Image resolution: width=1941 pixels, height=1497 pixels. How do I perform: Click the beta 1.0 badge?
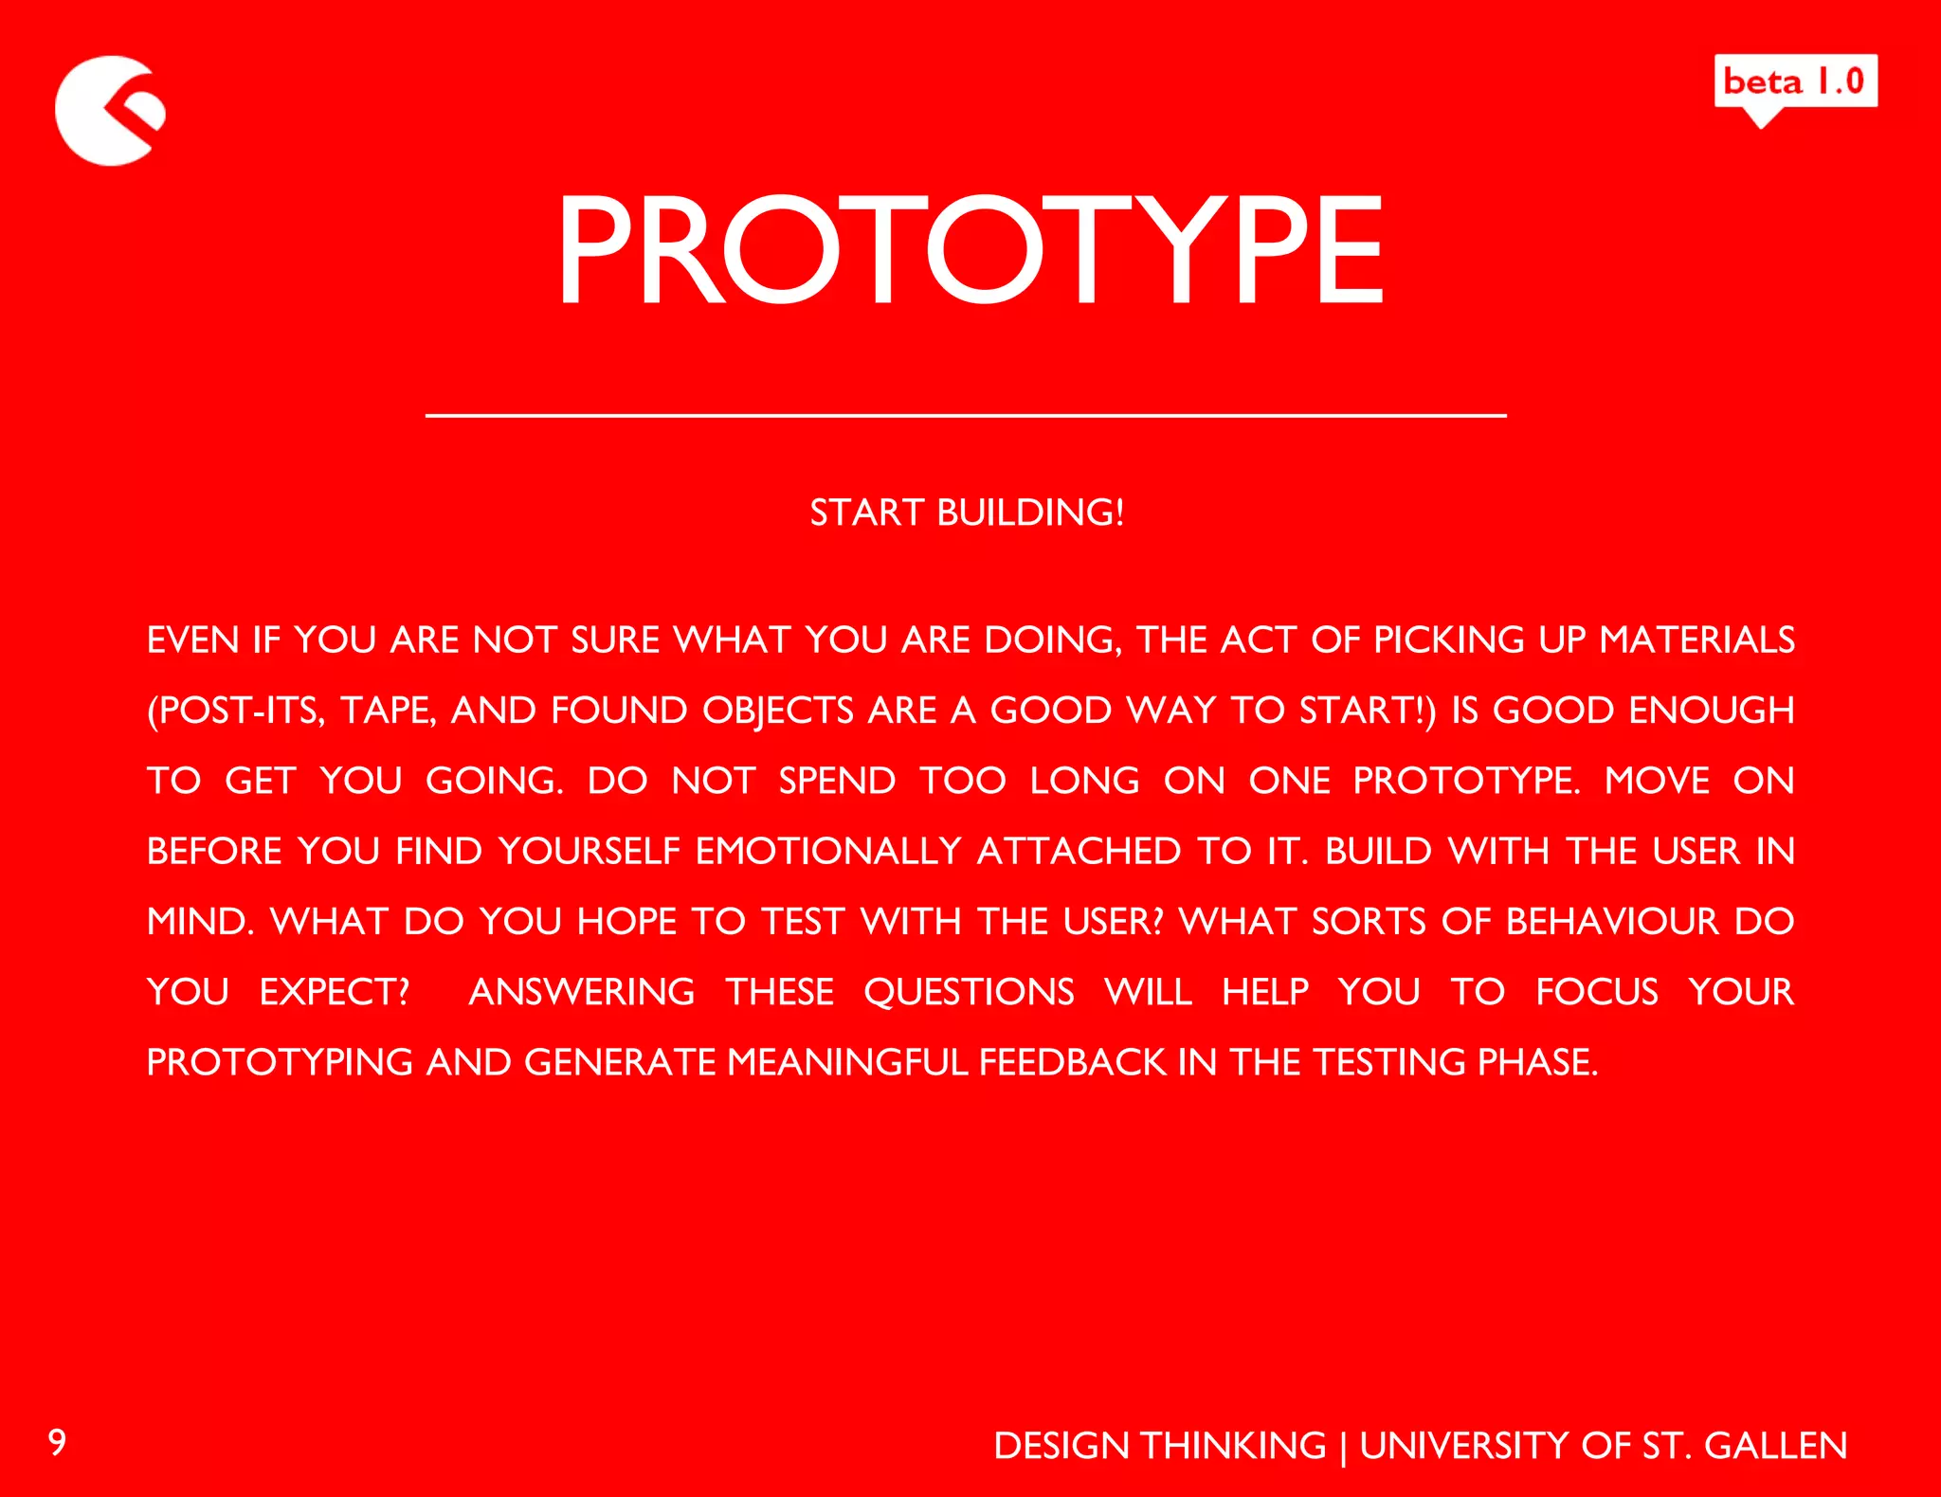coord(1795,82)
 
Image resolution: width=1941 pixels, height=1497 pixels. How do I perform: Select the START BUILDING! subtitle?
coord(967,513)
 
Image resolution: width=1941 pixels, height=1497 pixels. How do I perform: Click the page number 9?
coord(57,1442)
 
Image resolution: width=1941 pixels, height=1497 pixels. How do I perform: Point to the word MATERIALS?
coord(1696,640)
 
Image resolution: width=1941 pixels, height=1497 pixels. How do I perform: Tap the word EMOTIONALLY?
coord(827,851)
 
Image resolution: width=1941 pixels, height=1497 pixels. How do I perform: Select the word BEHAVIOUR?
coord(1612,921)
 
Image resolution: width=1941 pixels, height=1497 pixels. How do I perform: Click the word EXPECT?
coord(335,992)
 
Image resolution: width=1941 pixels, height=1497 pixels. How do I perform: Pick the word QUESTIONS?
coord(969,992)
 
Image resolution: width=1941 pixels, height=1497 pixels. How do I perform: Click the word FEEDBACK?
coord(1072,1062)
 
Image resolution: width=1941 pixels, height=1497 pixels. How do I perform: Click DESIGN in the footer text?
coord(1061,1446)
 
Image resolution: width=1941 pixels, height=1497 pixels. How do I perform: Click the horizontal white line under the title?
coord(965,415)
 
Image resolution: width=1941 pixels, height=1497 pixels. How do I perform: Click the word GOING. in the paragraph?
coord(494,781)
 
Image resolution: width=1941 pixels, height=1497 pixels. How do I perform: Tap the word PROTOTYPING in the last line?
coord(280,1062)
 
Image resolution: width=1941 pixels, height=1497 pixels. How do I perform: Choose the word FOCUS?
coord(1597,992)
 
